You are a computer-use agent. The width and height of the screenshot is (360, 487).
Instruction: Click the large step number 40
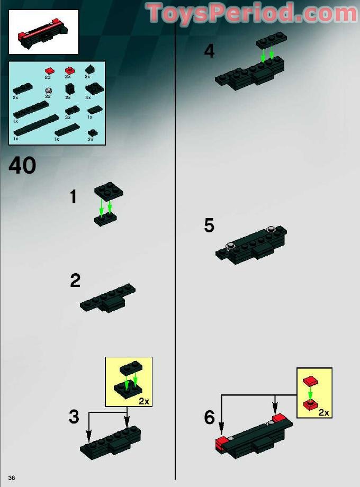22,166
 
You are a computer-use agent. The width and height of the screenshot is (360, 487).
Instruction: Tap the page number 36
12,478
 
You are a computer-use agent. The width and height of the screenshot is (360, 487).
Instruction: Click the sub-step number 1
74,197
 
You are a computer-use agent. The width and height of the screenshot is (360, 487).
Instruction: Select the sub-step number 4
209,51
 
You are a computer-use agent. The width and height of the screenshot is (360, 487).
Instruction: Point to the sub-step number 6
210,418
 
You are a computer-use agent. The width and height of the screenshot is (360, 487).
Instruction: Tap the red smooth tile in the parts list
49,70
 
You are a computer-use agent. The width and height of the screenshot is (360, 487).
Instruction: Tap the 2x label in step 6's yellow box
324,412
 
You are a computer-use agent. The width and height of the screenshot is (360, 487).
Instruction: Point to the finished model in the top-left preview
43,32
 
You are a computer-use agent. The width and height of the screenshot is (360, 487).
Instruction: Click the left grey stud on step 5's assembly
231,245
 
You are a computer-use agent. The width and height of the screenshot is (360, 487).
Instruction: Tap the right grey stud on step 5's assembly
272,229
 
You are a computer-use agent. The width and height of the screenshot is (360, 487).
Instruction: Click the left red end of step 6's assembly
223,444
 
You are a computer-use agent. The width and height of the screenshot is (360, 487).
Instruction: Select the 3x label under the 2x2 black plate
88,97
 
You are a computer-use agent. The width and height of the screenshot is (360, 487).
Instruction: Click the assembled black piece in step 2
108,299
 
